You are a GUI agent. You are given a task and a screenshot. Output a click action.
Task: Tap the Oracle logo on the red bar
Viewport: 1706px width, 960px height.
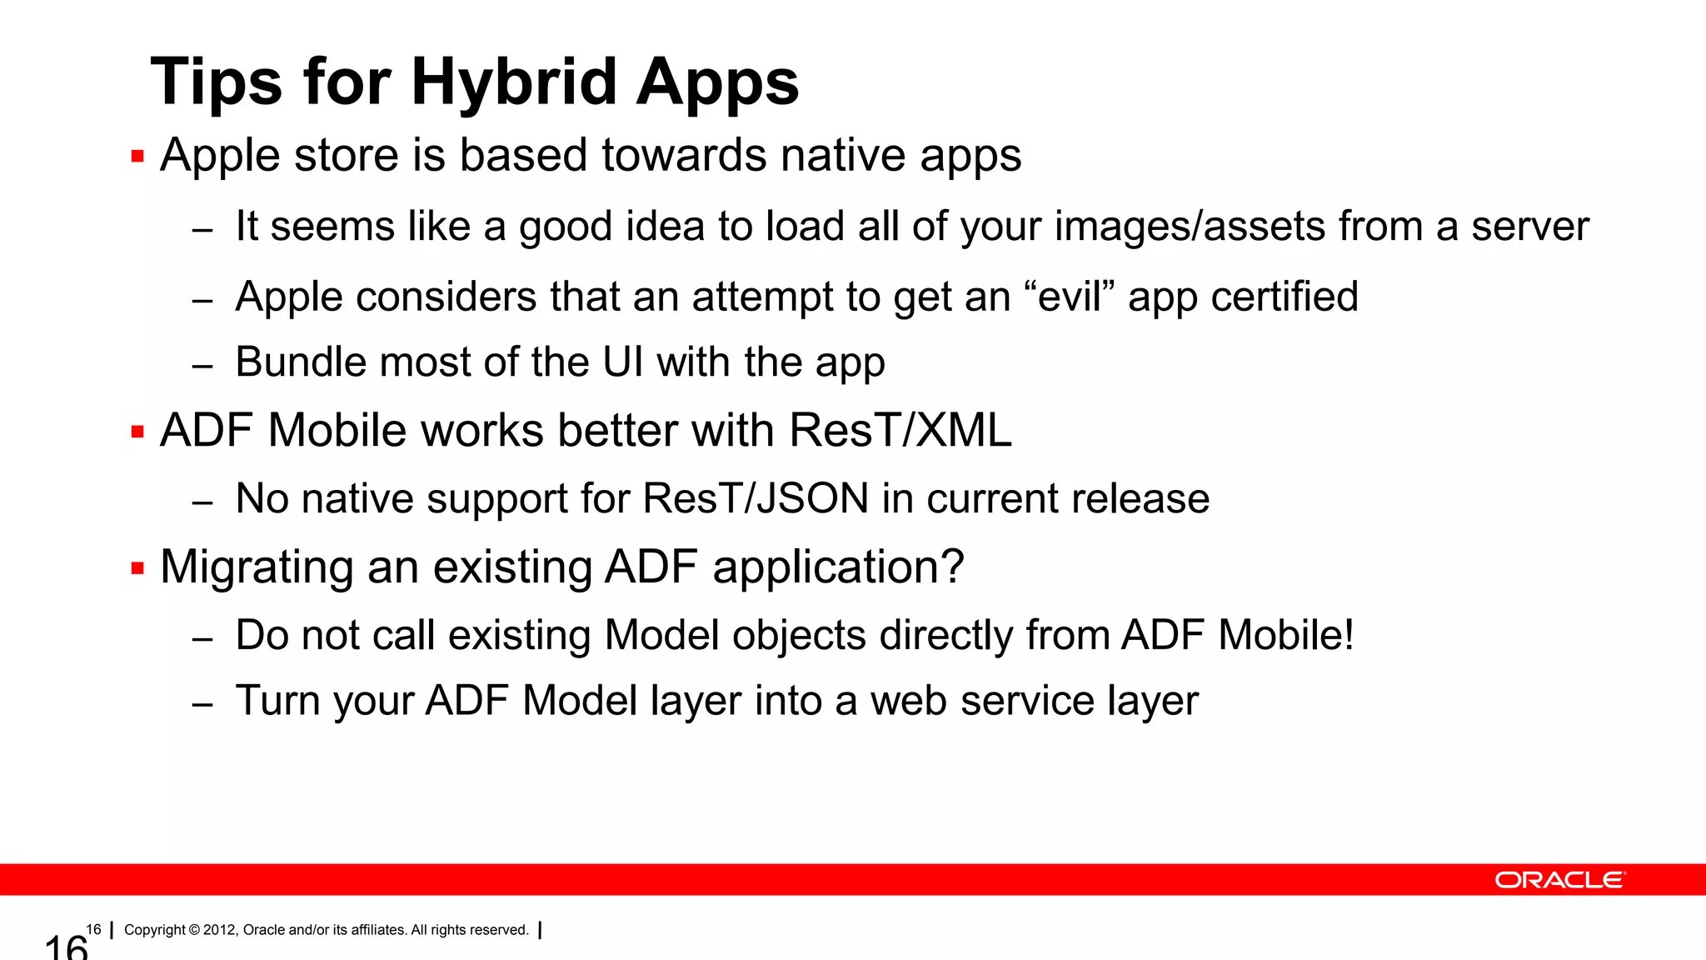[1559, 880]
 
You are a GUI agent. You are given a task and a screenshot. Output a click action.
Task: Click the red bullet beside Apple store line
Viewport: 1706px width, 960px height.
[137, 156]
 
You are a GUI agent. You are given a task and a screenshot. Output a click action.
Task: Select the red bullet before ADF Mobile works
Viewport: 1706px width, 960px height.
[137, 432]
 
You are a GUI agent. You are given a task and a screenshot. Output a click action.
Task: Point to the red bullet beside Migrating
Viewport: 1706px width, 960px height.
[137, 568]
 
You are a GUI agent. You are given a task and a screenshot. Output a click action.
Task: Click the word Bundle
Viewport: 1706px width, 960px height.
[301, 362]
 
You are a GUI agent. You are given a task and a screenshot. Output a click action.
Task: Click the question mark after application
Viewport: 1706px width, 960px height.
[950, 567]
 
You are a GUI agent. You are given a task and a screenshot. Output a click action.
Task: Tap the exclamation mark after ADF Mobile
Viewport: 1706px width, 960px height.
[1347, 635]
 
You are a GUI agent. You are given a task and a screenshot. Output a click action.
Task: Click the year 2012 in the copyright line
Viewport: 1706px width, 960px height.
[219, 930]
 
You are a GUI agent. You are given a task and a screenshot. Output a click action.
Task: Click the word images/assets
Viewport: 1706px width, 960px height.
[1190, 227]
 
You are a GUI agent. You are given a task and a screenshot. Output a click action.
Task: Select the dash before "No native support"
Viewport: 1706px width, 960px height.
[202, 502]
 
